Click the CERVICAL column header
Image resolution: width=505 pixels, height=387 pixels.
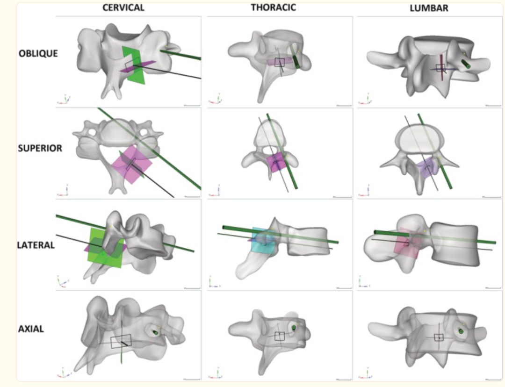click(123, 7)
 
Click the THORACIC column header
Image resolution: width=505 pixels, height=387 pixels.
click(273, 7)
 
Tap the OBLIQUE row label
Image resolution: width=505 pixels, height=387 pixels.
click(38, 53)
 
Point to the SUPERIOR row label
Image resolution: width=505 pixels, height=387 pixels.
click(40, 148)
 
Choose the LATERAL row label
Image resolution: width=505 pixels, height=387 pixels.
click(36, 244)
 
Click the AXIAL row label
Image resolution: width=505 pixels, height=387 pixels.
click(31, 329)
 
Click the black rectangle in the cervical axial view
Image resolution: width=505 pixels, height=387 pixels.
click(121, 341)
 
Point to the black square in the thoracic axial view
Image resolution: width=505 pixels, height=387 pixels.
click(280, 336)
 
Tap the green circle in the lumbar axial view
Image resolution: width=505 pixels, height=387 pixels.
click(461, 331)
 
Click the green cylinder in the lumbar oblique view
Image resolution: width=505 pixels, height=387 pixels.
click(468, 64)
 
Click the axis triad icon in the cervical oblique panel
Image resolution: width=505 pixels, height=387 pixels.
click(64, 100)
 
